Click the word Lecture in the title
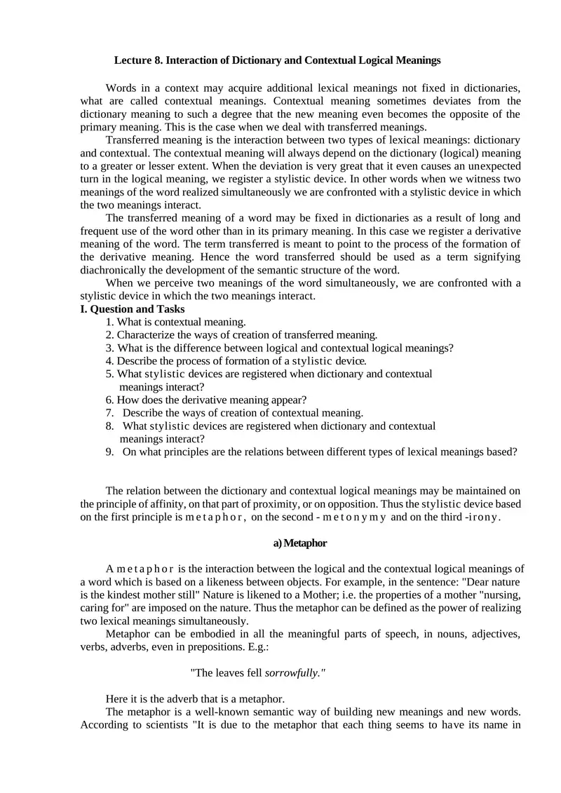[133, 60]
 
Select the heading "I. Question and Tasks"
[133, 309]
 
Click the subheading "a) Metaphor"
[299, 543]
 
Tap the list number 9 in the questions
[110, 452]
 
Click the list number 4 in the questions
[109, 361]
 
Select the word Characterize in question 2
[147, 335]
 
